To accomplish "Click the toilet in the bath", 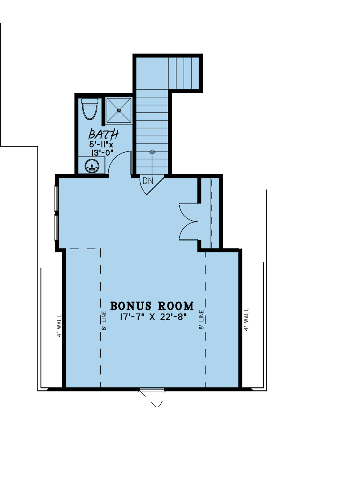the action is (89, 109).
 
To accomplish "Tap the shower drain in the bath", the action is (119, 111).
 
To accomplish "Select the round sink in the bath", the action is (92, 166).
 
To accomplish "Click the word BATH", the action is (103, 134).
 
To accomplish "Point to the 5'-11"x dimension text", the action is (101, 145).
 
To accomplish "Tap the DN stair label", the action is (148, 181).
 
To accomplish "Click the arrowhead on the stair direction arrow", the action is (152, 151).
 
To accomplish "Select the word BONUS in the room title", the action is (130, 306).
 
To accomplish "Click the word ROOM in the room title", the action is (176, 306).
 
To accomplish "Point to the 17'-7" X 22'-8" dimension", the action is (153, 317).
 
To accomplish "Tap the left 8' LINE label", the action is (104, 320).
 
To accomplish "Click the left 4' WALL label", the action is (59, 326).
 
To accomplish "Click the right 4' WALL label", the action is (246, 320).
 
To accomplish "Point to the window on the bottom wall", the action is (152, 390).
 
